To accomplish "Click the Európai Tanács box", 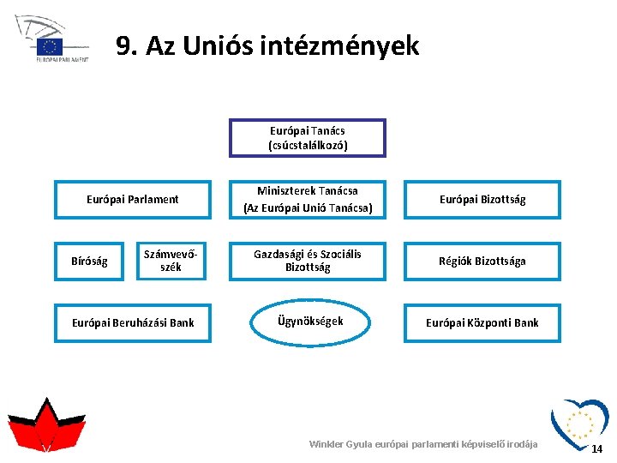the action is point(308,138).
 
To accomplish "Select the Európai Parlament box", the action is point(133,200).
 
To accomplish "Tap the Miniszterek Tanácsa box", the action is point(308,200).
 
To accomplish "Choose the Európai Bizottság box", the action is point(482,200).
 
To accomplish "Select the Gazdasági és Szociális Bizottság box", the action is point(308,262).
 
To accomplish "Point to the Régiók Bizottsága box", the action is point(482,262).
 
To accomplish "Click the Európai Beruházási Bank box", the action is point(133,323).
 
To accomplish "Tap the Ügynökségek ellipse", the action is point(310,322).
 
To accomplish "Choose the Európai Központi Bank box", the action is point(482,323).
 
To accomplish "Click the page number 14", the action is point(597,449).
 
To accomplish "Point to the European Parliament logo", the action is point(51,39).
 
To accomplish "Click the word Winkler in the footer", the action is point(326,444).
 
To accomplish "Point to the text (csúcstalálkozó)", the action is point(308,146).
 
